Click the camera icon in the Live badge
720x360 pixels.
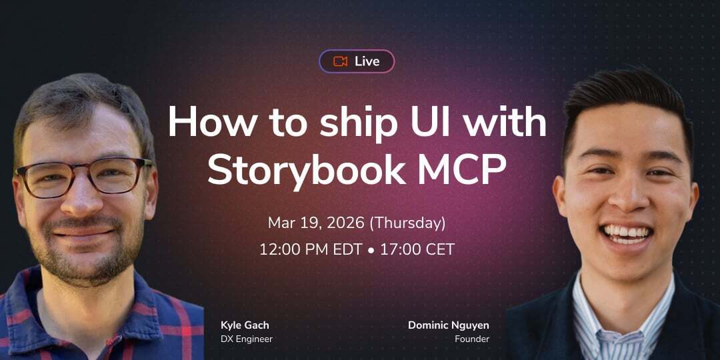coord(341,61)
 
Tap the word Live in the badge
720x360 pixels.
coord(367,61)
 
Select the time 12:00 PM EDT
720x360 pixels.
coord(309,250)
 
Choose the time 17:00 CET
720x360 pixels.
coord(417,250)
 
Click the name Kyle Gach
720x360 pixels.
coord(245,325)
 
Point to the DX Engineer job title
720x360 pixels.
coord(247,339)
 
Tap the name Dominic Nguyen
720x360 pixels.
coord(449,325)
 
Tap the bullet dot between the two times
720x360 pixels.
coord(371,251)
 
